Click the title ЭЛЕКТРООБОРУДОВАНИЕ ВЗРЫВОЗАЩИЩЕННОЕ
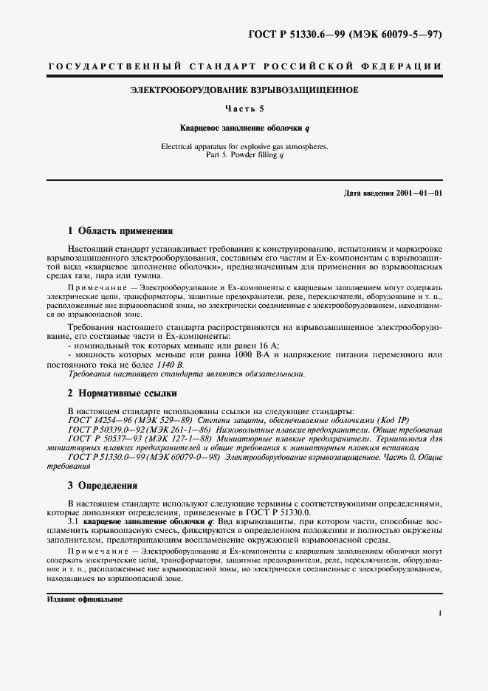tap(244, 91)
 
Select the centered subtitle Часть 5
tap(244, 109)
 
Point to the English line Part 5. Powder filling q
tap(244, 155)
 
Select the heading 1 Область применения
tap(120, 230)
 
